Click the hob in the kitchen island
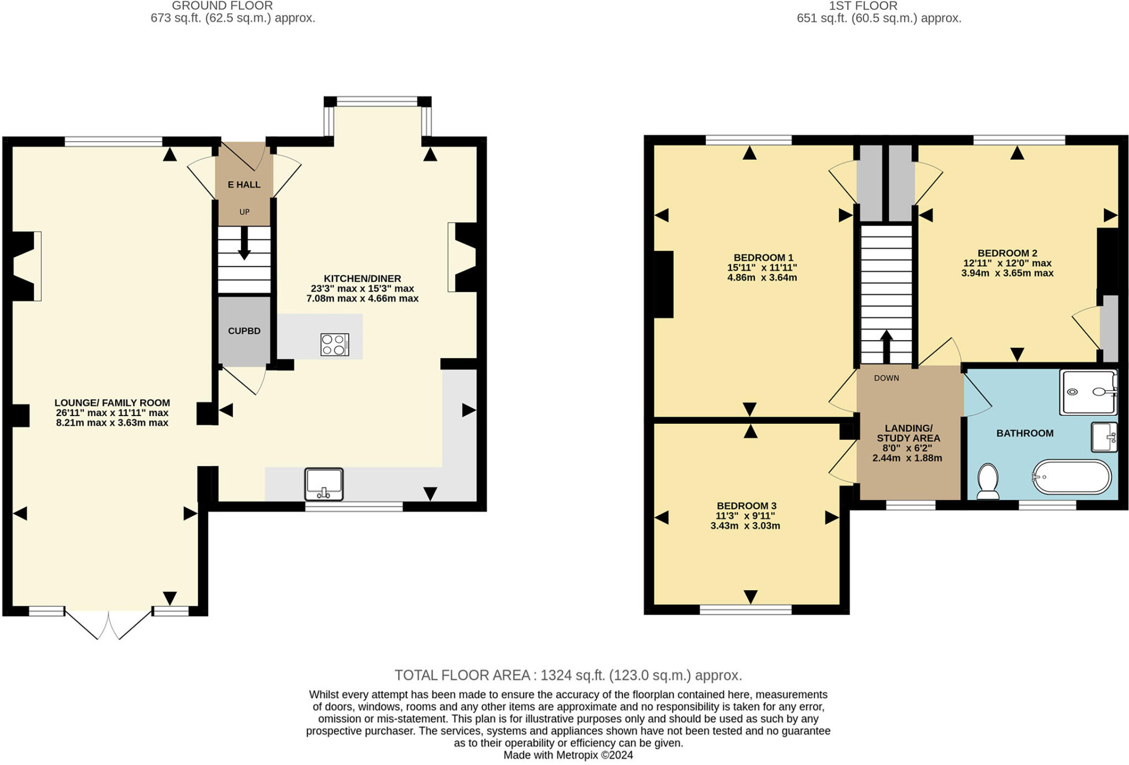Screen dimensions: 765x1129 pyautogui.click(x=335, y=344)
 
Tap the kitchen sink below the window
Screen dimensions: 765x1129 pyautogui.click(x=324, y=484)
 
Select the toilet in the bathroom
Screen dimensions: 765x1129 pyautogui.click(x=987, y=481)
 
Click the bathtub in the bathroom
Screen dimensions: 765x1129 pyautogui.click(x=1072, y=477)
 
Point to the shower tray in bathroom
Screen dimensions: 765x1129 pyautogui.click(x=1088, y=392)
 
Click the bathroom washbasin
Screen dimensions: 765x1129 pyautogui.click(x=1104, y=437)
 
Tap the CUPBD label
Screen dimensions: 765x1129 pyautogui.click(x=244, y=331)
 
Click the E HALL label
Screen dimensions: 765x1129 pyautogui.click(x=244, y=185)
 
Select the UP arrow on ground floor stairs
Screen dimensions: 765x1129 pyautogui.click(x=244, y=243)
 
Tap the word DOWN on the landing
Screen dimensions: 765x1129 pyautogui.click(x=886, y=378)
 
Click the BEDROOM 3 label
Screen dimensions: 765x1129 pyautogui.click(x=746, y=505)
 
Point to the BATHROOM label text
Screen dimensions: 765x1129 pyautogui.click(x=1025, y=433)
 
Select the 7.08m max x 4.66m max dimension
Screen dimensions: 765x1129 pyautogui.click(x=362, y=299)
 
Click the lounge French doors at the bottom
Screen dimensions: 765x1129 pyautogui.click(x=109, y=624)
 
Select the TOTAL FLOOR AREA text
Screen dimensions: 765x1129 pyautogui.click(x=568, y=675)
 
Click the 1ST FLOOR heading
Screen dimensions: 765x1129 pyautogui.click(x=863, y=6)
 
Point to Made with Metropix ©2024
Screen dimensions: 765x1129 pyautogui.click(x=568, y=755)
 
